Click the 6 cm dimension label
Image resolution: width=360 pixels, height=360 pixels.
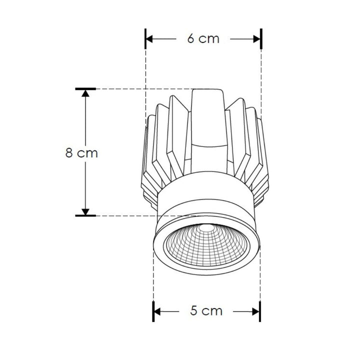(x=203, y=39)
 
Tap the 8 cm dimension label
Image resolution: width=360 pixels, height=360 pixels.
(x=81, y=153)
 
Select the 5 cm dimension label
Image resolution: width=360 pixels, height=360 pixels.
(x=206, y=311)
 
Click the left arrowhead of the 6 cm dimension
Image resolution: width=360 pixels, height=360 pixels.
(x=149, y=39)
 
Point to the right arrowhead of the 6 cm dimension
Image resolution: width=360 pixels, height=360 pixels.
(x=257, y=39)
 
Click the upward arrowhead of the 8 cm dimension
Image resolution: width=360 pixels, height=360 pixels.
(x=85, y=94)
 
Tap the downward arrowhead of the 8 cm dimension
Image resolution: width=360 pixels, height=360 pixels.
(x=85, y=211)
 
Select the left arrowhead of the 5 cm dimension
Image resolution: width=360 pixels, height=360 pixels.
(x=157, y=311)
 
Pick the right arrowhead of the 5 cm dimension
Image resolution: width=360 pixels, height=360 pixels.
(x=255, y=311)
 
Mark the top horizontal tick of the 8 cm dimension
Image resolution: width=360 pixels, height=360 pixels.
(x=85, y=89)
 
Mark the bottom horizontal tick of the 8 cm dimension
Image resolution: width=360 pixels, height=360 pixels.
(x=85, y=216)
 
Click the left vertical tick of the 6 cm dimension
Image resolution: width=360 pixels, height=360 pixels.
(x=145, y=39)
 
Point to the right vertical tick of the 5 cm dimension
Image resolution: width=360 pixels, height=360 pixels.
(x=259, y=311)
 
